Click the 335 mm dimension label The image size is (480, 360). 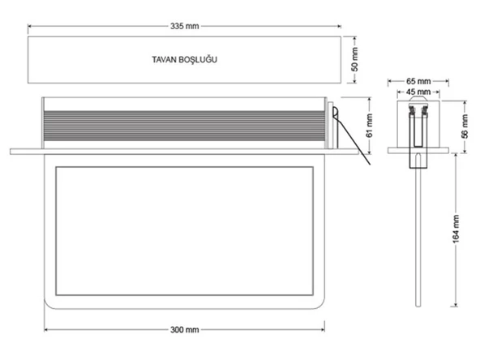coord(185,26)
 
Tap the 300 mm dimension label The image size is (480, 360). coord(185,330)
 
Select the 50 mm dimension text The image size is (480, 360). coord(354,59)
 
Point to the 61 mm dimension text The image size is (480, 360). coord(370,126)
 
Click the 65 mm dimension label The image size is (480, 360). coord(418,81)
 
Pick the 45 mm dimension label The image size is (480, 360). coord(418,92)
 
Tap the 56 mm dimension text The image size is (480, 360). coord(465,126)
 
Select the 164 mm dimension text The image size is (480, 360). coord(456,229)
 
